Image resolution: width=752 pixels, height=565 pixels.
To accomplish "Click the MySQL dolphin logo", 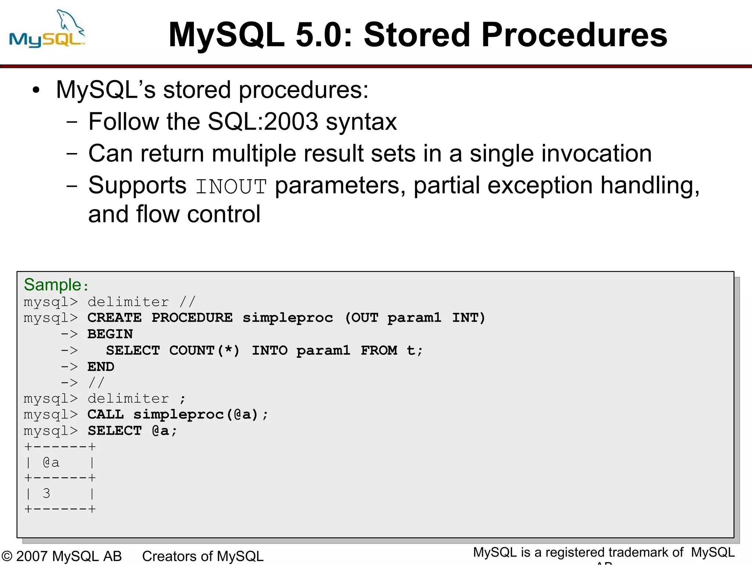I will click(x=47, y=29).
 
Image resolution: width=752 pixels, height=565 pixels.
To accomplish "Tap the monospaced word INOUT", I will click(x=231, y=186).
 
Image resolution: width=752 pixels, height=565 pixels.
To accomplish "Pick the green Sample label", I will click(x=53, y=285).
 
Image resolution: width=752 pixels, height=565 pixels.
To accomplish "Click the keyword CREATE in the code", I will click(x=115, y=318).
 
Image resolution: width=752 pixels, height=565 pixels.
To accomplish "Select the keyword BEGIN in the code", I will click(x=110, y=334).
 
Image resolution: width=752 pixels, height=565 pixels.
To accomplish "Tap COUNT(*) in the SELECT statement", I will click(x=204, y=350).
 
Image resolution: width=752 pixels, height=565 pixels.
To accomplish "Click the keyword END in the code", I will click(x=101, y=367).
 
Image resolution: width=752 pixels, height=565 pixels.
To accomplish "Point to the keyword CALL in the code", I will click(x=105, y=414).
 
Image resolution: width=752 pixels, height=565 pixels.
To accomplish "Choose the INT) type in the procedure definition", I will click(x=469, y=318).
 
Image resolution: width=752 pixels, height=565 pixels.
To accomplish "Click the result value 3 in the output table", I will click(x=47, y=493).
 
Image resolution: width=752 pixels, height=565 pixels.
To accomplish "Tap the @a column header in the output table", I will click(x=51, y=463).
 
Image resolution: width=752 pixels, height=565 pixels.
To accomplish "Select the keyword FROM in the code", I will click(x=379, y=350).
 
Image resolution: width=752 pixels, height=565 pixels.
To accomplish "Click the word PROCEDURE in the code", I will click(x=192, y=318).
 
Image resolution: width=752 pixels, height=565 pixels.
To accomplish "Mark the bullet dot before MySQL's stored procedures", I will click(x=36, y=90).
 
